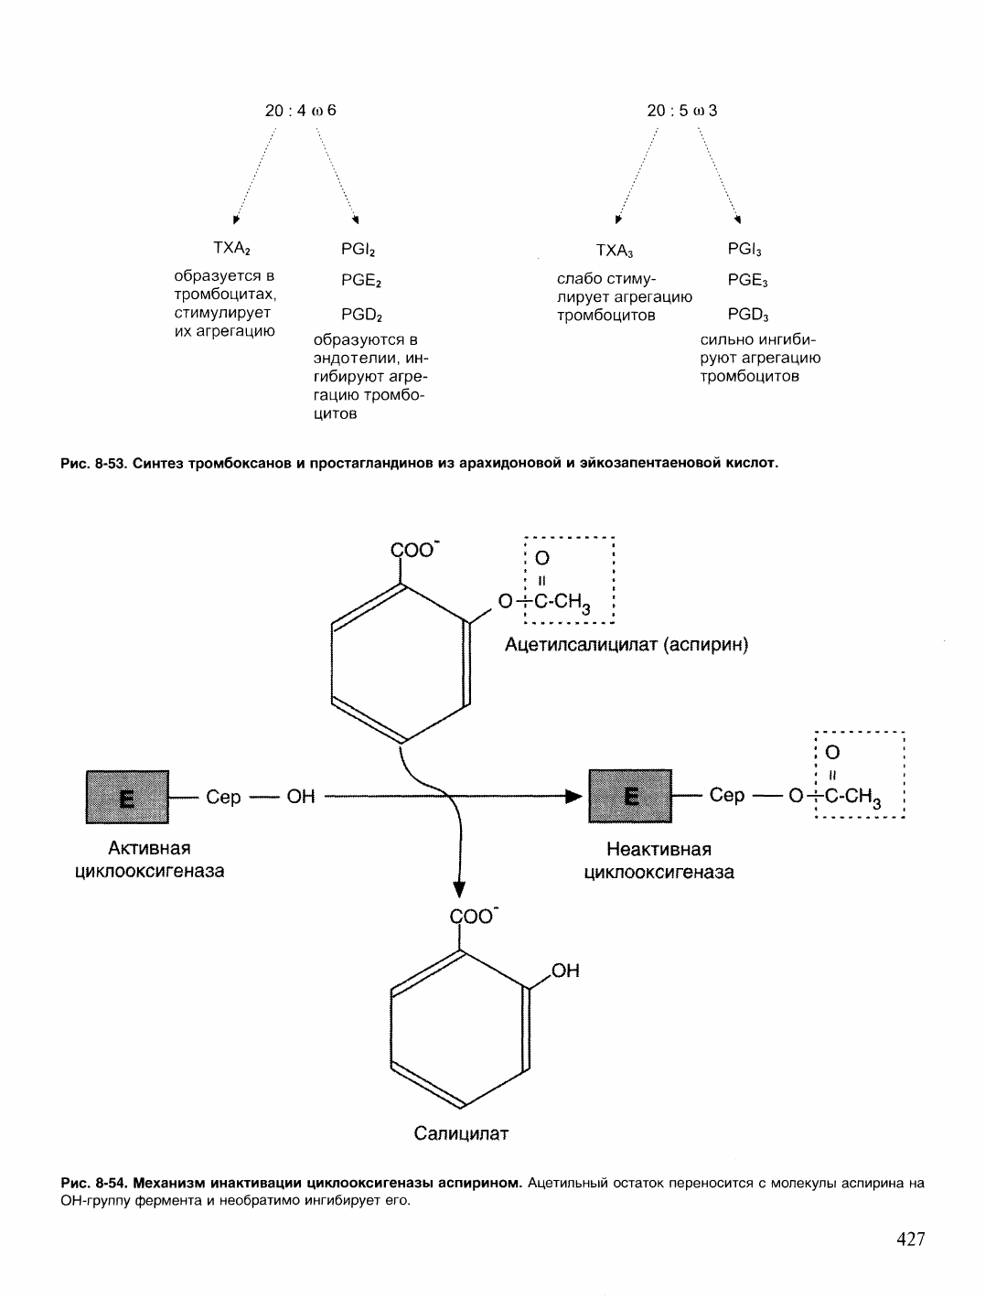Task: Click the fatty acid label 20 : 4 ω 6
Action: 300,111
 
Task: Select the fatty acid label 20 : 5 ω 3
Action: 681,111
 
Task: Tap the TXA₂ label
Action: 231,249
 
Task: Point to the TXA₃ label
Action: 615,251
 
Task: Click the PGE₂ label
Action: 361,280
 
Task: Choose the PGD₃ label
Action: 748,315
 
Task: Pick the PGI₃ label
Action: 744,249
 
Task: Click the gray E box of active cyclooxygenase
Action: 127,797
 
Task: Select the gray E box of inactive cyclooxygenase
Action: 630,796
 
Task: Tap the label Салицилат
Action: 461,1133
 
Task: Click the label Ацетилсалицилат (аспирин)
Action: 626,644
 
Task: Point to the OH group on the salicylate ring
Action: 565,971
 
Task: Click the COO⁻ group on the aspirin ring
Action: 414,550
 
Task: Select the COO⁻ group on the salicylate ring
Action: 474,916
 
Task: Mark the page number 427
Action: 911,1239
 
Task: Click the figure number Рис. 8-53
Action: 94,463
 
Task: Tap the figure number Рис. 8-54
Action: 94,1183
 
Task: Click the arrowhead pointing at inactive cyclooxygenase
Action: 574,797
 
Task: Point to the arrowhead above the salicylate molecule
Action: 459,889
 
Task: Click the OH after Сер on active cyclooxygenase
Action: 300,797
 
